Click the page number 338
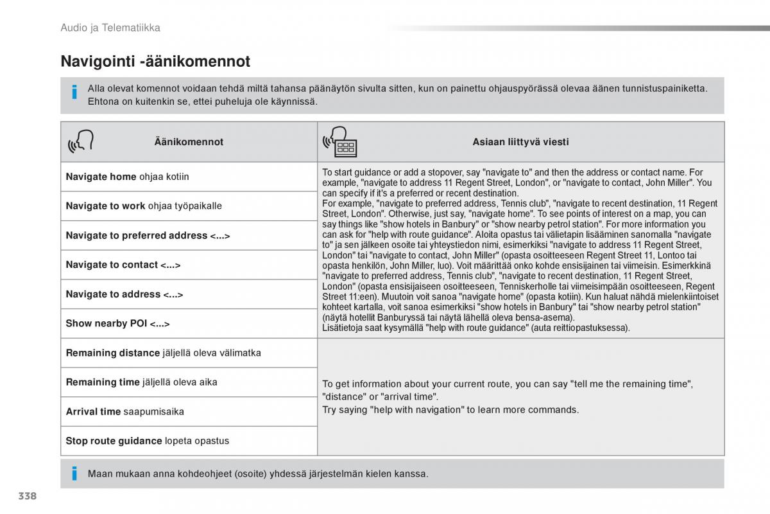(x=28, y=496)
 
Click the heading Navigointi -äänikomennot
(x=155, y=62)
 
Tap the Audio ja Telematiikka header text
(x=110, y=28)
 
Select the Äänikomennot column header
(x=189, y=142)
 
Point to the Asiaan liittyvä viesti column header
(x=520, y=142)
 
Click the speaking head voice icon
(x=81, y=143)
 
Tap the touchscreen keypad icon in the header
(x=341, y=143)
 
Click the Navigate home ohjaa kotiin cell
(x=128, y=177)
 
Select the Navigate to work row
(x=144, y=206)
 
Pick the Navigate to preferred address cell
(x=148, y=236)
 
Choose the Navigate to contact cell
(x=123, y=265)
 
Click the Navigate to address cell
(x=124, y=294)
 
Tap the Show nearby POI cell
(x=118, y=324)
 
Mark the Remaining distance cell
(x=164, y=353)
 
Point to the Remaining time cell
(x=142, y=382)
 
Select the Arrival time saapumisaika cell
(x=125, y=412)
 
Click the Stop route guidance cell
(x=148, y=441)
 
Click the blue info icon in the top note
(x=74, y=93)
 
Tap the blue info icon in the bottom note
(x=74, y=474)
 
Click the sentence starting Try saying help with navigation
(x=450, y=410)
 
